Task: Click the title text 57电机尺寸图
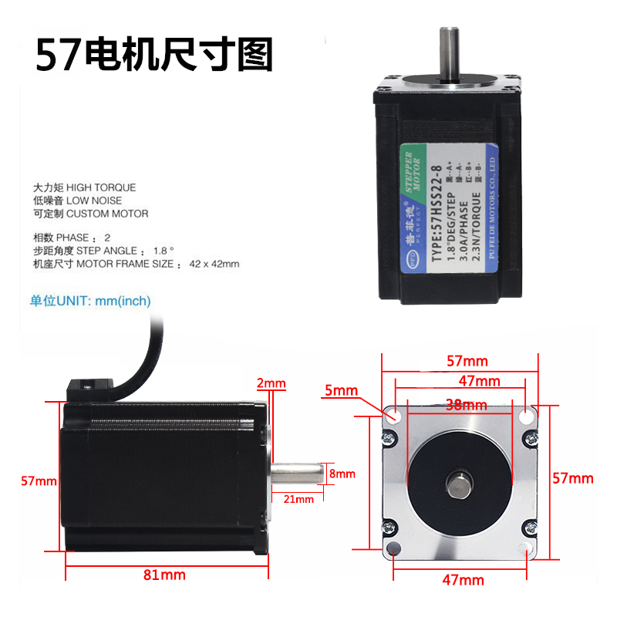[154, 55]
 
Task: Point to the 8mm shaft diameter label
[342, 474]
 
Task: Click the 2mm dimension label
[271, 383]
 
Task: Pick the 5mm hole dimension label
[341, 390]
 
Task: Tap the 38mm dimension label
[466, 405]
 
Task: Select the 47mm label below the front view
[466, 580]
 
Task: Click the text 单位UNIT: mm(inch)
[90, 301]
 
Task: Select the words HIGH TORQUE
[100, 187]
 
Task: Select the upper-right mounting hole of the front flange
[527, 416]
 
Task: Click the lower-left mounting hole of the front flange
[393, 549]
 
